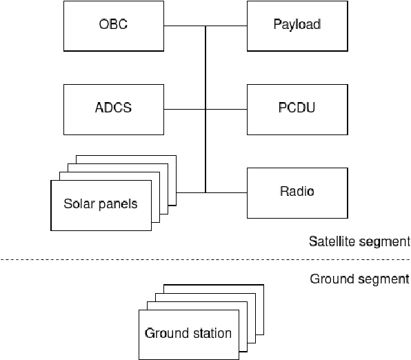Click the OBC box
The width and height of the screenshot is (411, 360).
[x=113, y=26]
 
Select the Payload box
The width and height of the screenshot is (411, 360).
[x=295, y=26]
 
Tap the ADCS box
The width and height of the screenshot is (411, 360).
[x=113, y=109]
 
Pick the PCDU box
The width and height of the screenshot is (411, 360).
[x=295, y=109]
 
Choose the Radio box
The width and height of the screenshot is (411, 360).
[x=295, y=191]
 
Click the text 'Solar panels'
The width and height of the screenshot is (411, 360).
[x=101, y=204]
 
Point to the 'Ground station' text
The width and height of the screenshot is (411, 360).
[x=188, y=334]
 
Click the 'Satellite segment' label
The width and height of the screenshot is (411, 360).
[x=359, y=242]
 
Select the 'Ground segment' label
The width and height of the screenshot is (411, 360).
[x=359, y=279]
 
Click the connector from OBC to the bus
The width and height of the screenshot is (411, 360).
[x=184, y=26]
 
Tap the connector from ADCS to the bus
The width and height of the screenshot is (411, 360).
[x=184, y=109]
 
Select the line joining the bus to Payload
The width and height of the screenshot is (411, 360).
[x=226, y=26]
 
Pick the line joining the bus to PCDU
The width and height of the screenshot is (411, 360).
[x=226, y=109]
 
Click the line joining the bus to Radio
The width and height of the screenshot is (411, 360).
[x=226, y=192]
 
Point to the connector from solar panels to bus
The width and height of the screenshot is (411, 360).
[x=191, y=192]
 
